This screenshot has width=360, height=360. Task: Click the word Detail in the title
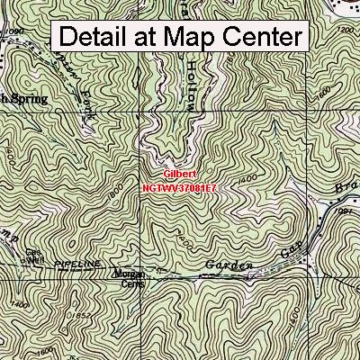[x=96, y=38]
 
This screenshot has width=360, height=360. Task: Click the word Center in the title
[x=260, y=38]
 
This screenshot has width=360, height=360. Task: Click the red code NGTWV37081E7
[x=179, y=189]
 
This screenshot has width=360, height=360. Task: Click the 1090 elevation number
[x=11, y=31]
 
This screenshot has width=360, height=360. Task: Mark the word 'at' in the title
[x=144, y=38]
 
